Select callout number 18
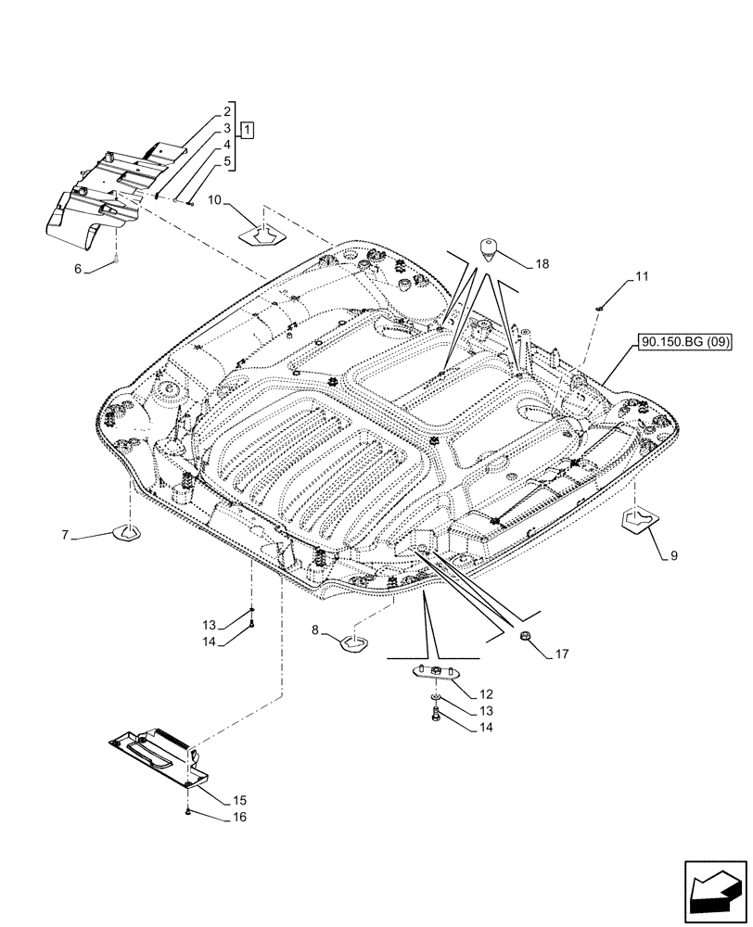[541, 264]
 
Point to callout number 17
[562, 654]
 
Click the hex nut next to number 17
[524, 637]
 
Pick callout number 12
[486, 693]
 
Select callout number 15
[212, 799]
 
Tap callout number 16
[213, 819]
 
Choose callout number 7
[66, 535]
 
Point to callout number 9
[673, 556]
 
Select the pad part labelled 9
[639, 520]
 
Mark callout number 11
[643, 277]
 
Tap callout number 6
[79, 268]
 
